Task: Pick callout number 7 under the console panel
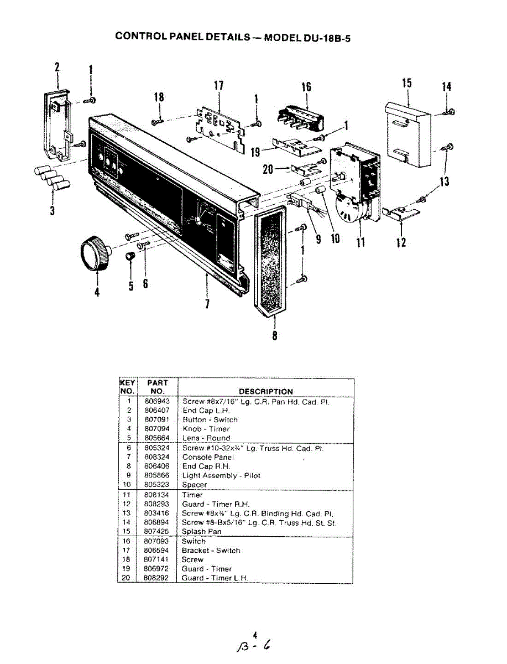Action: pos(207,304)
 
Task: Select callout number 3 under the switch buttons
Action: pos(52,210)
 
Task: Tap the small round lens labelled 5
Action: pos(131,257)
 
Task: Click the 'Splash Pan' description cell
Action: pos(201,532)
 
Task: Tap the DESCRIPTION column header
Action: pos(265,391)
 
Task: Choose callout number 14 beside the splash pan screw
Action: pos(447,86)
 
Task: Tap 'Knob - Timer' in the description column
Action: pos(206,429)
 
